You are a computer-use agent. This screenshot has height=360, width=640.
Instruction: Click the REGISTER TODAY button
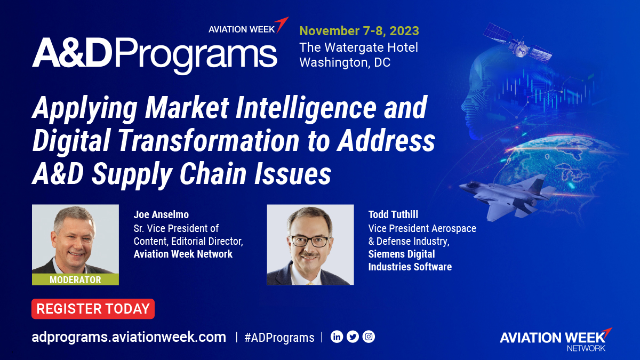(x=93, y=309)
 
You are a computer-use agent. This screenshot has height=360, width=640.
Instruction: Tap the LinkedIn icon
(x=337, y=337)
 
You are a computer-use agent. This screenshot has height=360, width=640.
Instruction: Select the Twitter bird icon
(x=353, y=337)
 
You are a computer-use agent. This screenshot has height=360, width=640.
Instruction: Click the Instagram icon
(x=369, y=337)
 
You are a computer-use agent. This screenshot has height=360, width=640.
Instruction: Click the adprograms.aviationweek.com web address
(x=129, y=337)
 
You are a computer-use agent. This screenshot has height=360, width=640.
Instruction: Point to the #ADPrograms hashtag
(x=279, y=338)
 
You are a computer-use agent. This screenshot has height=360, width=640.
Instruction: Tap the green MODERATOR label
(x=75, y=280)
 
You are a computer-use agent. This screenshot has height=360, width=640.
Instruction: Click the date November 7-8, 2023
(x=359, y=30)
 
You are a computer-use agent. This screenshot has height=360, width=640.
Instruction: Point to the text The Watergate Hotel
(x=358, y=47)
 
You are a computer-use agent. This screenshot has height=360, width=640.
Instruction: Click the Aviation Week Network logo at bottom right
(x=555, y=339)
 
